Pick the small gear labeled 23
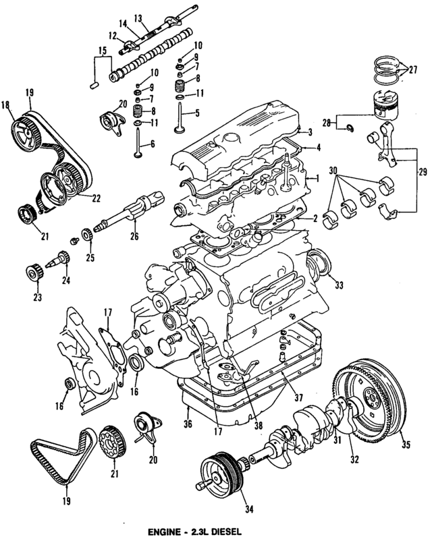point(30,273)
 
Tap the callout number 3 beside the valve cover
point(308,132)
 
